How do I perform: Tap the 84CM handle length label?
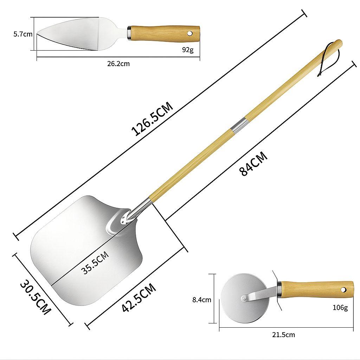[253, 163]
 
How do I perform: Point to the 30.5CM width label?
[36, 297]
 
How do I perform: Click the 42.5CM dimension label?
[139, 297]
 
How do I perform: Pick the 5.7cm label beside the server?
[23, 34]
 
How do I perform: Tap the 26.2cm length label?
[118, 64]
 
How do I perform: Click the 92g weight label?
[188, 50]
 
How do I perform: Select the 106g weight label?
[340, 307]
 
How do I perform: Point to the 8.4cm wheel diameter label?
[201, 300]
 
